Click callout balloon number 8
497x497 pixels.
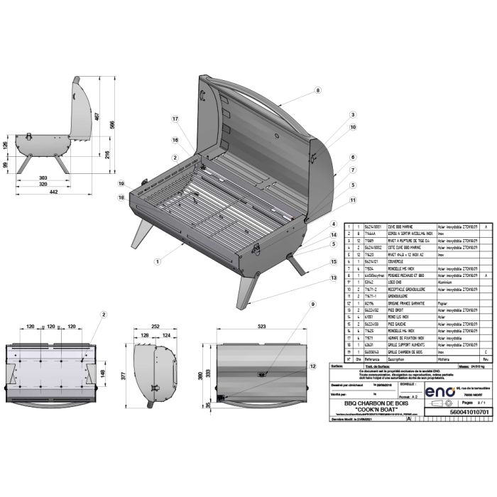(x=318, y=90)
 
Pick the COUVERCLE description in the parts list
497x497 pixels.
(x=393, y=261)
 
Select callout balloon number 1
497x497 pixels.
(x=154, y=262)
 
